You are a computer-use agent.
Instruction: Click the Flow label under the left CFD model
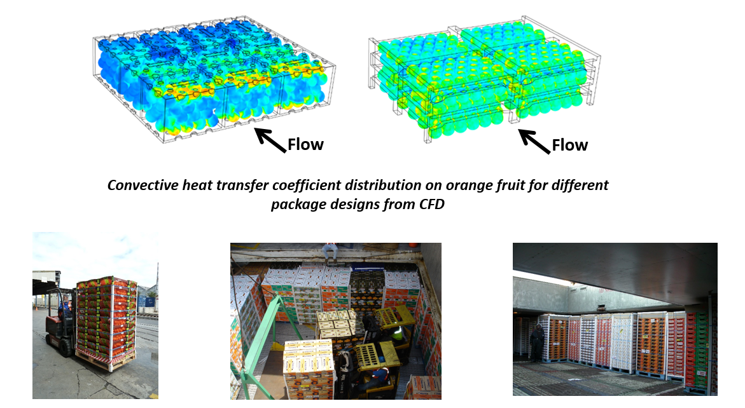click(x=305, y=144)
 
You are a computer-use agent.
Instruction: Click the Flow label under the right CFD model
click(x=569, y=145)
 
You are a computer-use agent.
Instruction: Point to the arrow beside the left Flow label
click(x=270, y=140)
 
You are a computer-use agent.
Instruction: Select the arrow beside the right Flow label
click(x=534, y=141)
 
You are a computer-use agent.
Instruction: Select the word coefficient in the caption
click(x=307, y=185)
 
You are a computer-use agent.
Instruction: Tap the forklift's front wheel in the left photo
click(x=66, y=347)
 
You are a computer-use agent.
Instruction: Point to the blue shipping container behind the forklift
click(x=149, y=302)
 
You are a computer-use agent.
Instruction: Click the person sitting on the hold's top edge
click(x=330, y=250)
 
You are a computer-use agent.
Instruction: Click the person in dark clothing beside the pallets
click(x=536, y=341)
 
